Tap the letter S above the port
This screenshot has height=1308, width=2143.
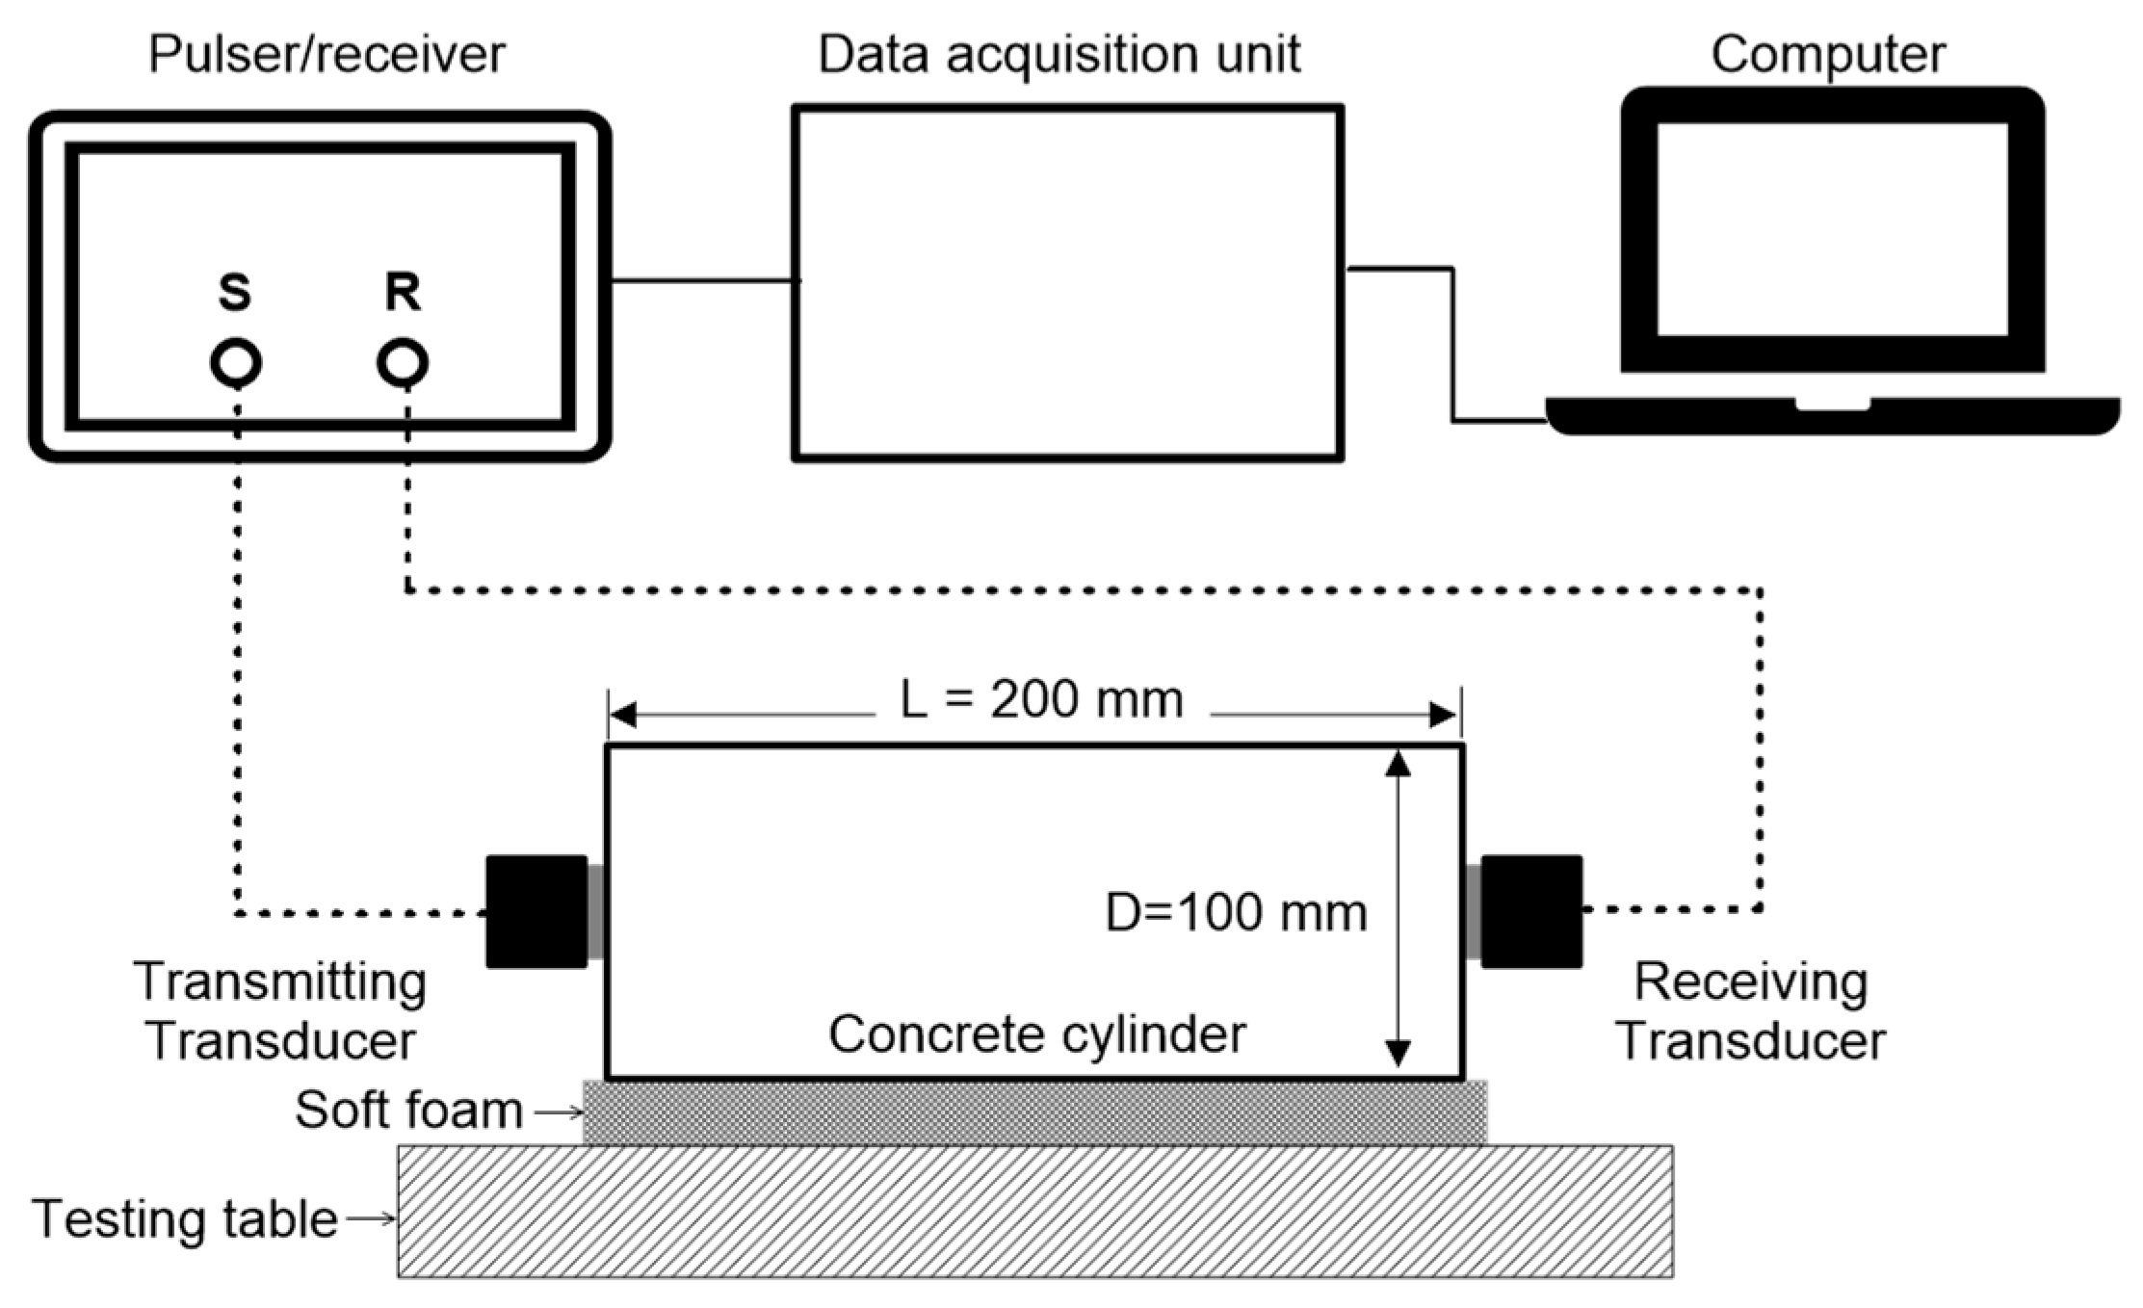click(235, 292)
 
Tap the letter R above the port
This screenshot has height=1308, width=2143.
click(403, 292)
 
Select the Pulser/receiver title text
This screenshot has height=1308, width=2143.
click(327, 54)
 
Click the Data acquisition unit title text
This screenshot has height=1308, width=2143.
click(1059, 54)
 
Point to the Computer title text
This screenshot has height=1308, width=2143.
click(1828, 54)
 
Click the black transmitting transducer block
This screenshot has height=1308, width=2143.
click(536, 911)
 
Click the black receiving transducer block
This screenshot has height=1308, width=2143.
click(1531, 911)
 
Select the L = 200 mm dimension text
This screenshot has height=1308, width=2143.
click(1041, 700)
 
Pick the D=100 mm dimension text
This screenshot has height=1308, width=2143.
click(1236, 912)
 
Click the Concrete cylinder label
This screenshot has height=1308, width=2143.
click(1037, 1034)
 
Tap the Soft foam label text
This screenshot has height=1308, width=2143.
click(408, 1110)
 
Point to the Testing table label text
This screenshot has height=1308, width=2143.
click(185, 1218)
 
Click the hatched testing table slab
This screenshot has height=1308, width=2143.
click(1035, 1211)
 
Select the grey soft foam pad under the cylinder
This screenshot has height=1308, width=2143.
click(1034, 1112)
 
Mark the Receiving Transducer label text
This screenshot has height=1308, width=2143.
click(1751, 1011)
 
